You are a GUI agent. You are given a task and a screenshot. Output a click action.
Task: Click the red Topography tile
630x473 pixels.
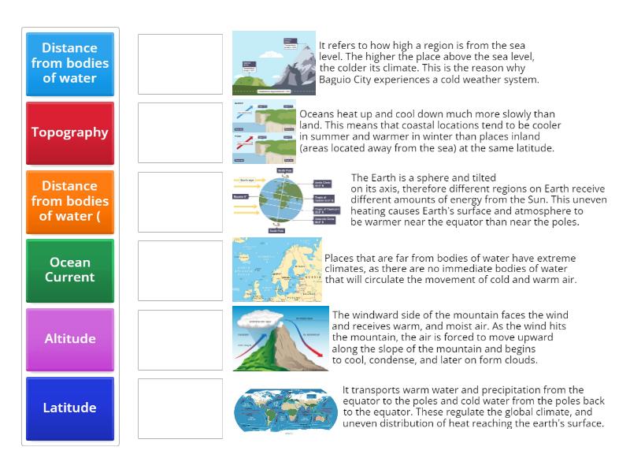coord(70,132)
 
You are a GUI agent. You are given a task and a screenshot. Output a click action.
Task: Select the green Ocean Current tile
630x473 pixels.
coord(70,270)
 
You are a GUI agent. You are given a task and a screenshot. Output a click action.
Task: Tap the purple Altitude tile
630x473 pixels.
coord(70,339)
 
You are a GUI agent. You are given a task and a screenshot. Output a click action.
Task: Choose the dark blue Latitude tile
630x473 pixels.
coord(70,408)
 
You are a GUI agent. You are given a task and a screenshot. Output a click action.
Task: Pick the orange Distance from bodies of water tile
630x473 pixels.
coord(70,201)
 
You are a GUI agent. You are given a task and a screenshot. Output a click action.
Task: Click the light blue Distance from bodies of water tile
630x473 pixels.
coord(70,63)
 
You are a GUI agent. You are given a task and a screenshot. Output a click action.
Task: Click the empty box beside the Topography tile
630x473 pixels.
coord(180,132)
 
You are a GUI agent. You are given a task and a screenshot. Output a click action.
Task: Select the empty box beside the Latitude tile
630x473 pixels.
coord(180,408)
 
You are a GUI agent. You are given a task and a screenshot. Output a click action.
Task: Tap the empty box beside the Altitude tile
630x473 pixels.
coord(180,339)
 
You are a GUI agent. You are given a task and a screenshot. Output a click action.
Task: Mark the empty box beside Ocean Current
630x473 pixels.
coord(180,270)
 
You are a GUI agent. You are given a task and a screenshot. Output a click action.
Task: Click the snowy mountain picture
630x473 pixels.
coord(273,63)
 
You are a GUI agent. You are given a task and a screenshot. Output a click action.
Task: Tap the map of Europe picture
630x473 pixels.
coord(277,270)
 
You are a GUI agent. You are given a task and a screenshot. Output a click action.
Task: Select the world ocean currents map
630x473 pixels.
coord(285,408)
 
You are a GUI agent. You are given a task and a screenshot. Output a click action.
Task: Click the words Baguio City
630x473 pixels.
coord(344,80)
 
